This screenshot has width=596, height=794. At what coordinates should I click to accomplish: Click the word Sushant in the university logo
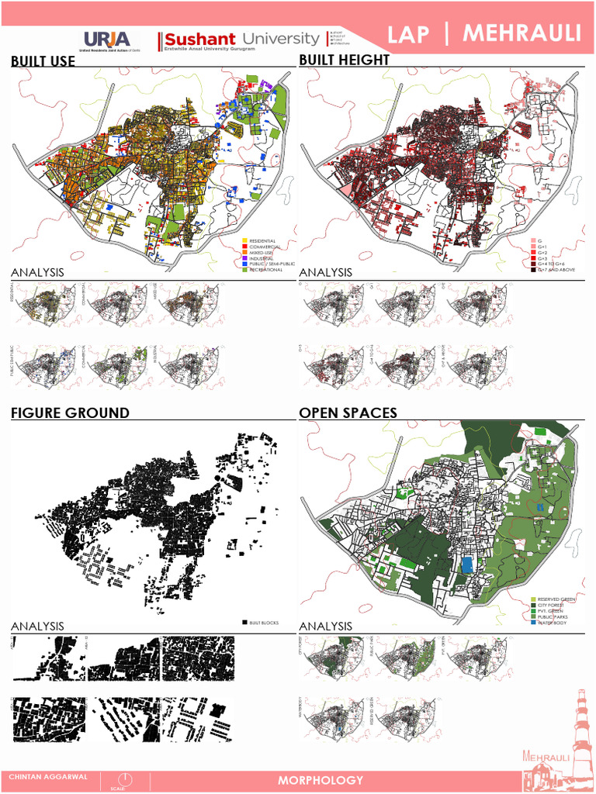tap(199, 39)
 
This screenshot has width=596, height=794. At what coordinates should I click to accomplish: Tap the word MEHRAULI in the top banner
tap(521, 33)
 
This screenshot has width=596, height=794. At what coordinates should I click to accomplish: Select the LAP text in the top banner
tap(409, 35)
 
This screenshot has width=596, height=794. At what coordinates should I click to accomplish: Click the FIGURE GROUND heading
tap(70, 413)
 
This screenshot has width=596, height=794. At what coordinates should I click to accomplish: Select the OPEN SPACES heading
tap(348, 413)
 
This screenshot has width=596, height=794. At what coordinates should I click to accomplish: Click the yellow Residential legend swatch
tap(244, 241)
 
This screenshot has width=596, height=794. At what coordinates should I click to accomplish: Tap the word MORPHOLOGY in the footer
tap(321, 780)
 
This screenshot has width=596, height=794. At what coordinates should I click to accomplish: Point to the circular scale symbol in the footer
tap(124, 778)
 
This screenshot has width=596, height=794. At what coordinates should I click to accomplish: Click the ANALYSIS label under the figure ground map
tap(37, 626)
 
